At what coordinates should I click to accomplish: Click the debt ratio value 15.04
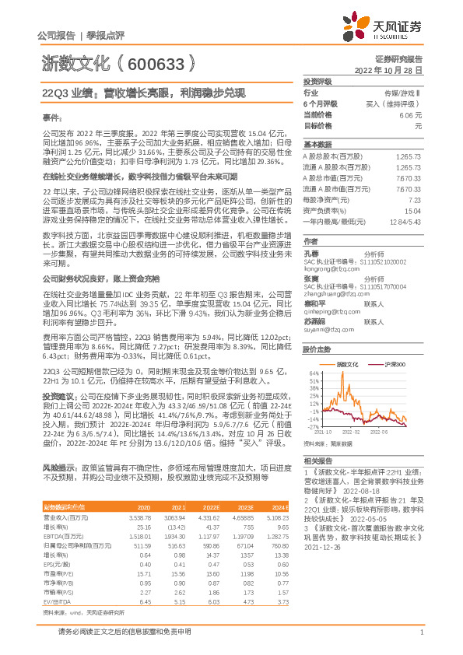click(x=412, y=211)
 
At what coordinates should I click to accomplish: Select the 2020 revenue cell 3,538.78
click(x=138, y=516)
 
